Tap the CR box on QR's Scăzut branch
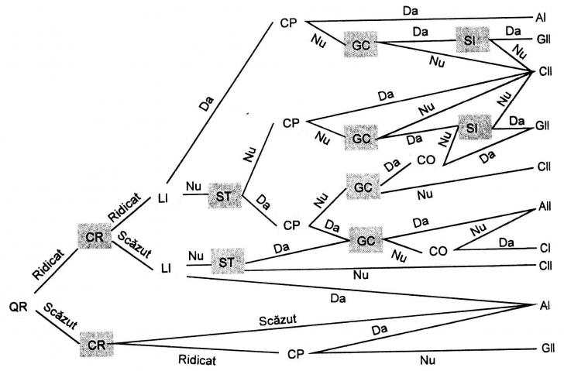(96, 342)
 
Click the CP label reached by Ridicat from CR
(292, 353)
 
